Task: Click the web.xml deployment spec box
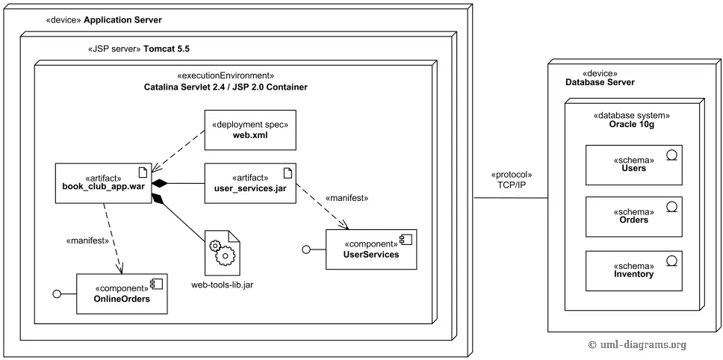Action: (250, 131)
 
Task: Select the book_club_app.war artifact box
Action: (105, 182)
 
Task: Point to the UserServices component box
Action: (370, 249)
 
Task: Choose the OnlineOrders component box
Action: (121, 294)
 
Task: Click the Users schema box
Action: (633, 164)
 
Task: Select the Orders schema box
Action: (633, 215)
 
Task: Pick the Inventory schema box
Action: (633, 270)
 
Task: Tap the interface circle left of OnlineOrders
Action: (57, 294)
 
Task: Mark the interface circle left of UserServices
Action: (305, 249)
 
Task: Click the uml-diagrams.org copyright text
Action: (637, 344)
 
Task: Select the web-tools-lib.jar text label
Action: (223, 285)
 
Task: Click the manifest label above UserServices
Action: (347, 198)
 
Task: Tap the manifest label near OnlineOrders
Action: (89, 240)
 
